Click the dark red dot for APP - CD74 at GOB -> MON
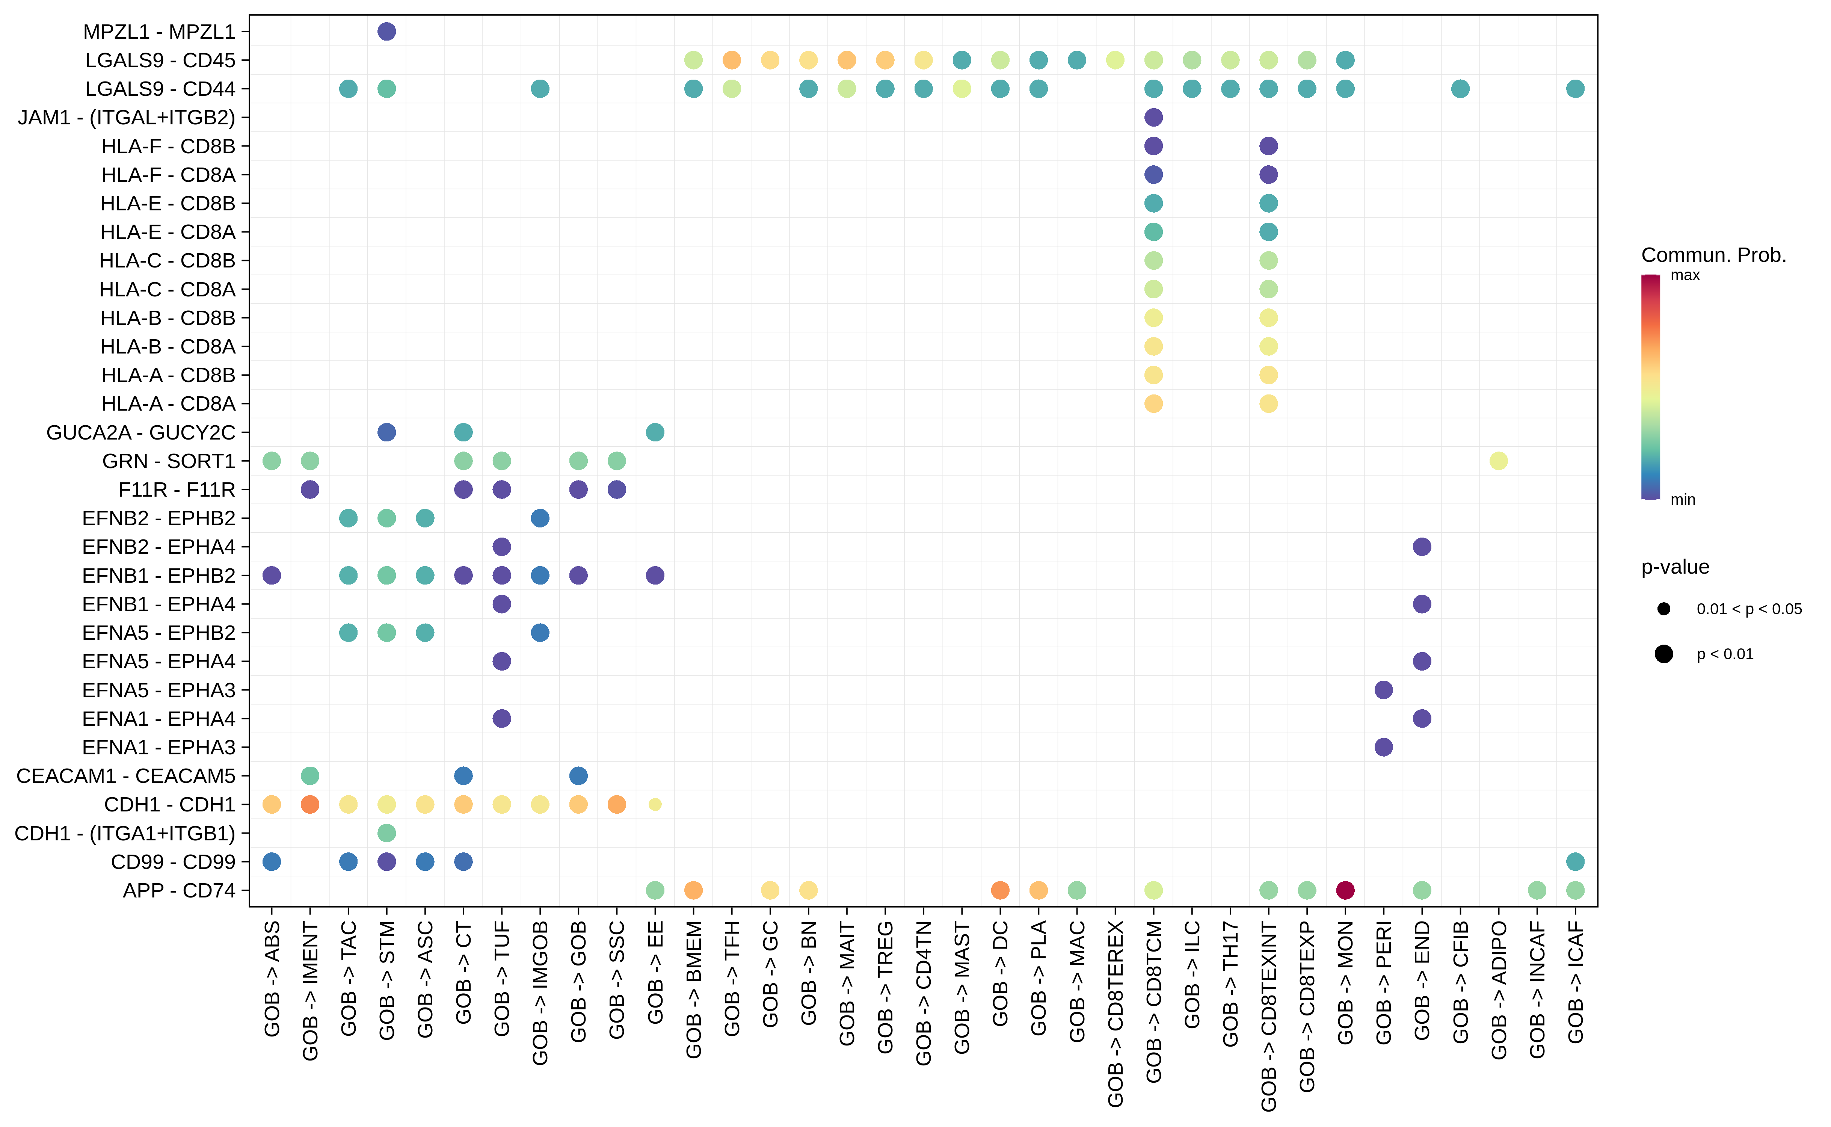[x=1345, y=890]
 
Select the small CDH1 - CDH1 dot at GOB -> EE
[x=655, y=804]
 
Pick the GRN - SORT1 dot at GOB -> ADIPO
[x=1499, y=461]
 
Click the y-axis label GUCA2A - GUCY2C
[x=141, y=432]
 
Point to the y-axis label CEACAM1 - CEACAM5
[x=126, y=776]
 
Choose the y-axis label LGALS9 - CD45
[x=160, y=60]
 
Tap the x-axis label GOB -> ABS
[x=272, y=978]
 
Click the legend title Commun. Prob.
[x=1713, y=255]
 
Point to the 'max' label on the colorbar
[x=1685, y=275]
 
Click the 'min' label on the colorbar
[x=1683, y=499]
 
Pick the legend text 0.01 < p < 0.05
[x=1749, y=609]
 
